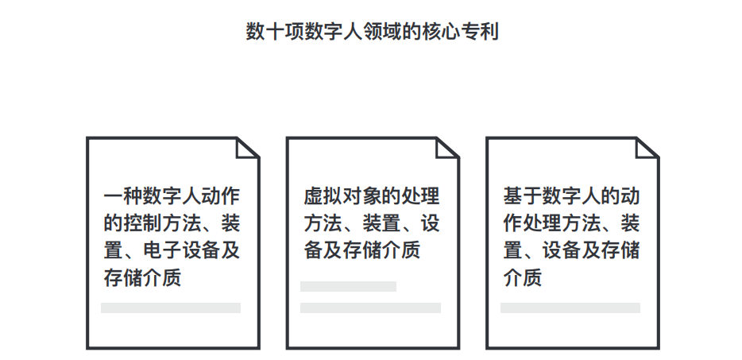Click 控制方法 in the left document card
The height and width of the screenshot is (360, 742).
pos(161,223)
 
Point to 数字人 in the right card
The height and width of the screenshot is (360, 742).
pos(570,195)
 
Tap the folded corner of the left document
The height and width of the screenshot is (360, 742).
pos(249,148)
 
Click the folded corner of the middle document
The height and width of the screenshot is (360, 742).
pos(448,148)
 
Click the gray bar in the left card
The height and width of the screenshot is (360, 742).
pos(171,308)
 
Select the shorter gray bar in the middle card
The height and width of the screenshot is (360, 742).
pos(348,286)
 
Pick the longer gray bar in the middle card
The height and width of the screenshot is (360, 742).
pos(370,308)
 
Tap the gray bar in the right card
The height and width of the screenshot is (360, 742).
pos(570,308)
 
